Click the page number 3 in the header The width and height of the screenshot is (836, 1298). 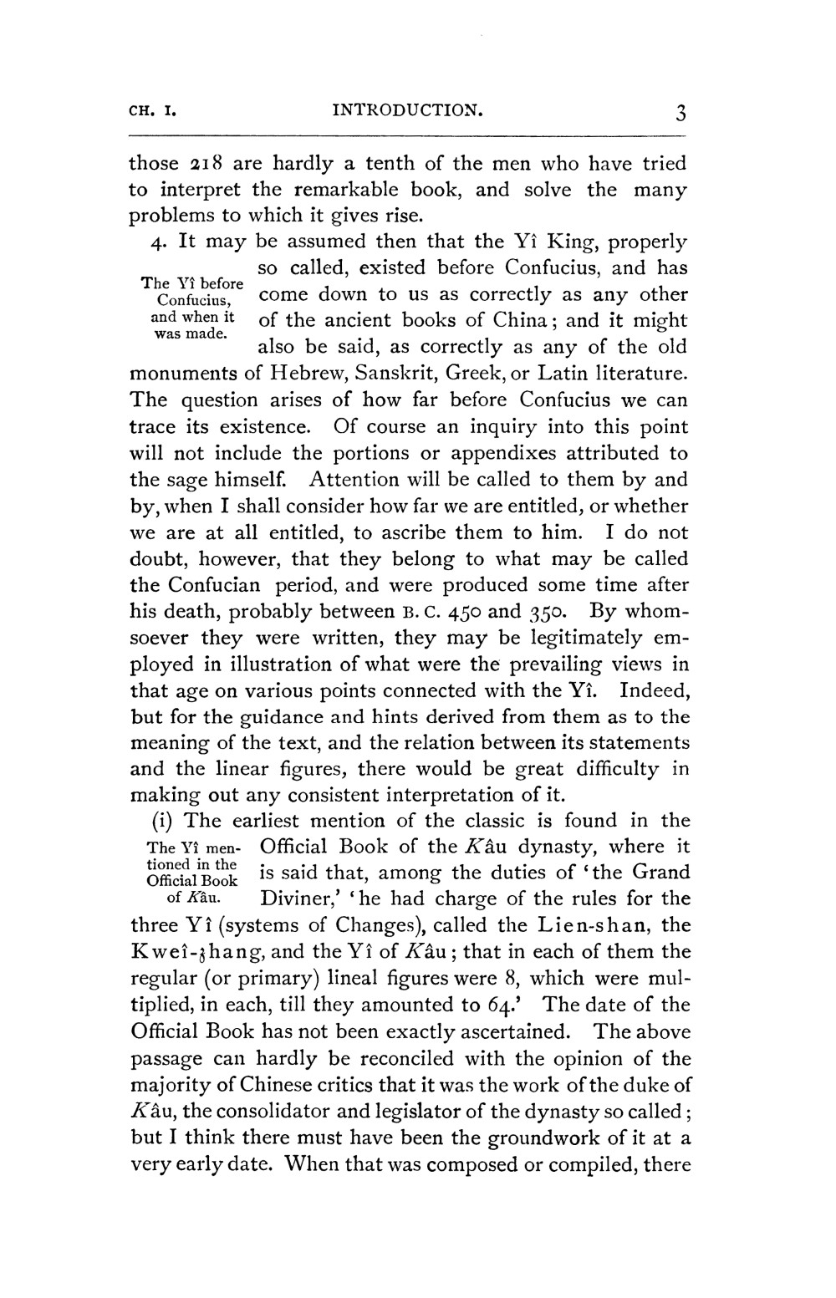[x=682, y=112]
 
